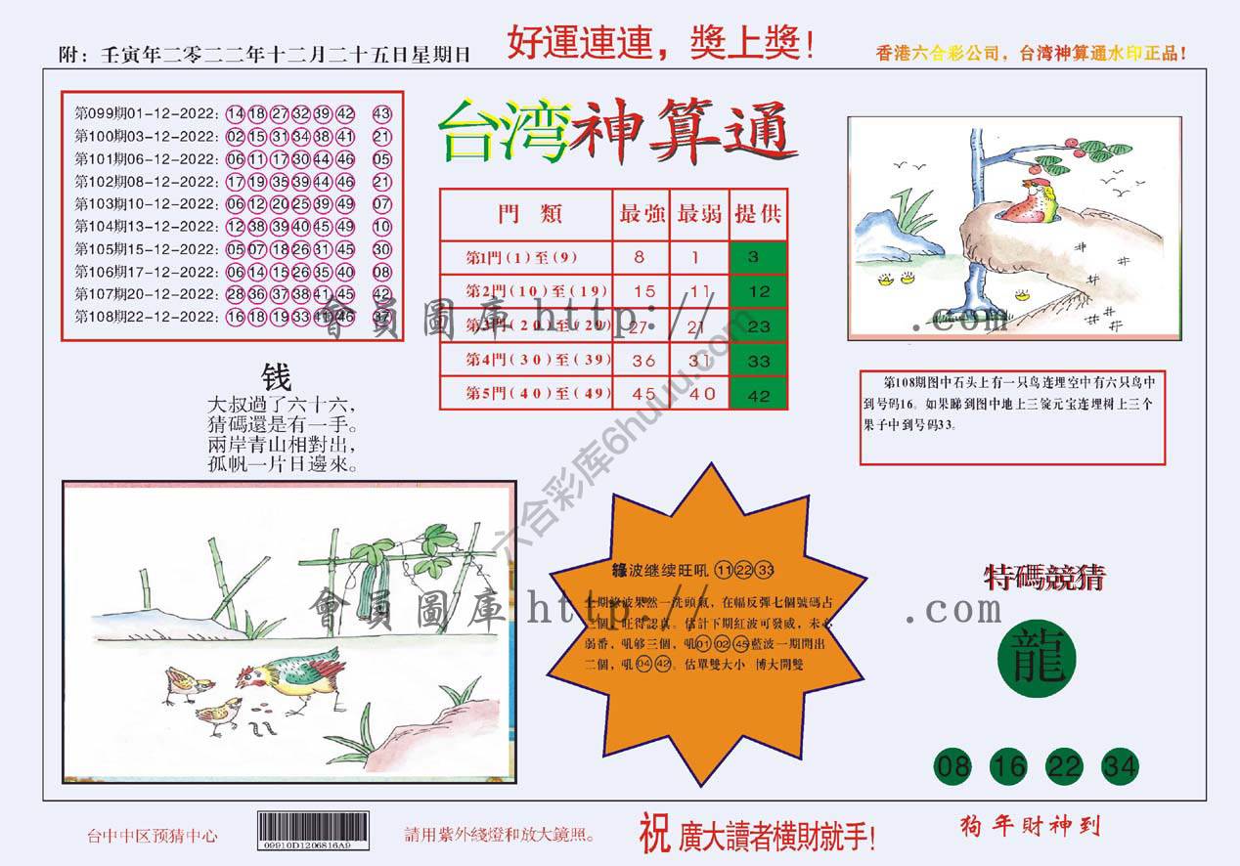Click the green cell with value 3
pos(758,258)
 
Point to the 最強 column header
pos(642,214)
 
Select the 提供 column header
pos(758,214)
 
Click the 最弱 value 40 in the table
pos(700,394)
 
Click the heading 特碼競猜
pos(1043,579)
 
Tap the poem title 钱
pos(276,377)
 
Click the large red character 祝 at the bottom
pos(654,834)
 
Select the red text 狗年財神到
pos(1031,827)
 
